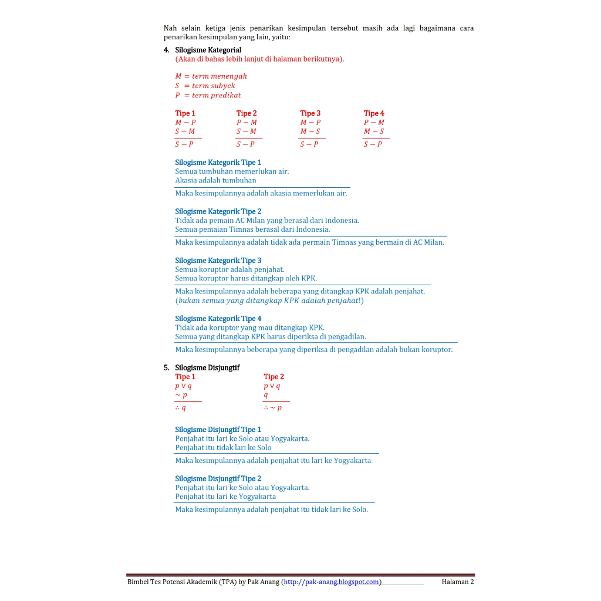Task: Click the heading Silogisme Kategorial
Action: pos(208,50)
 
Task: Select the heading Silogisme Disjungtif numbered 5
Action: pos(207,367)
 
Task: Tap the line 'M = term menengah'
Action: pos(211,76)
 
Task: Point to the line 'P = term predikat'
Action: pos(208,95)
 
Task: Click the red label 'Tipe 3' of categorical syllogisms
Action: pos(310,113)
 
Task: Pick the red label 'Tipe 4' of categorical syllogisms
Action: pos(374,113)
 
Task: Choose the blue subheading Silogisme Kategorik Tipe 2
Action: pos(218,211)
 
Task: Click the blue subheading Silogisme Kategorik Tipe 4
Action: pos(218,319)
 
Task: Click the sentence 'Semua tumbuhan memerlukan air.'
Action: pos(232,171)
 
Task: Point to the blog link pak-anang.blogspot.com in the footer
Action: pos(332,582)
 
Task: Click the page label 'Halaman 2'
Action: pos(457,582)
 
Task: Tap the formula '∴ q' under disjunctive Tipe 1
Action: pos(181,408)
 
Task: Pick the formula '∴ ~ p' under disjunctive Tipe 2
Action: pos(272,408)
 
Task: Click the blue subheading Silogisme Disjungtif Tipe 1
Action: pos(218,430)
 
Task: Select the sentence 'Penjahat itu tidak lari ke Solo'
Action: pos(223,448)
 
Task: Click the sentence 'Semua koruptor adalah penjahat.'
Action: pos(229,269)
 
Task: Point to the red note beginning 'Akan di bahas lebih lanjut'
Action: pos(259,59)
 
